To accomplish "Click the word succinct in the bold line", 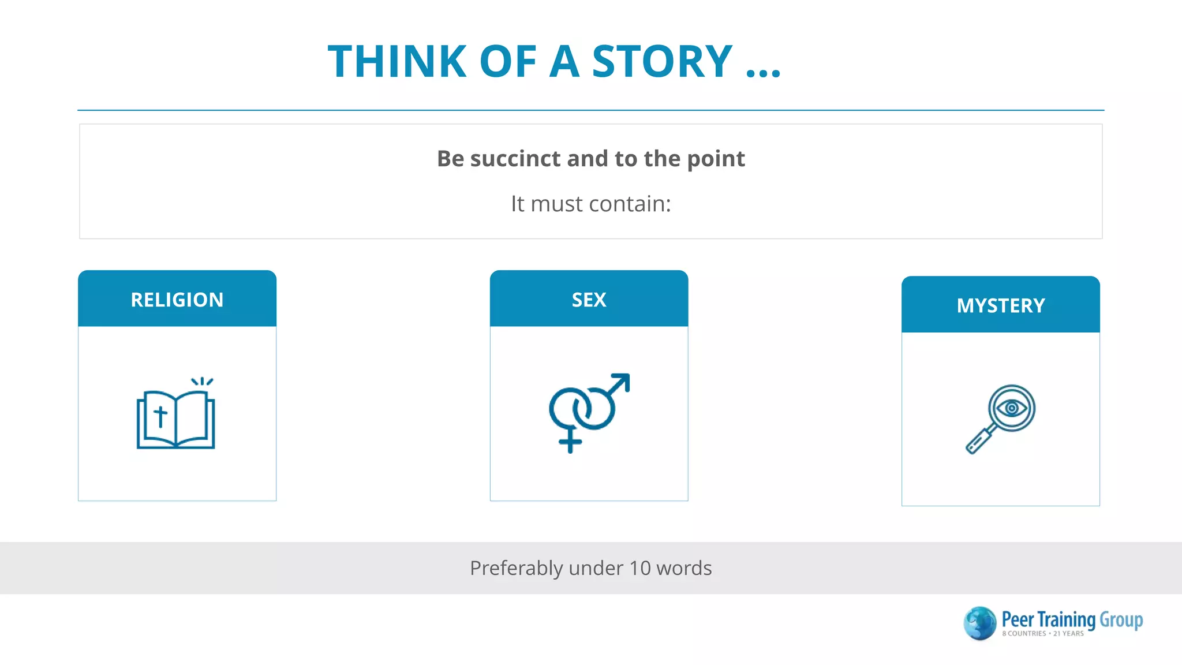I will (x=515, y=159).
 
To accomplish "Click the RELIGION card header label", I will (x=177, y=300).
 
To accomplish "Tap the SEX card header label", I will (x=589, y=300).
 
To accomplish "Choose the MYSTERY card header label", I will (x=1001, y=305).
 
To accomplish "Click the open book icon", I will (x=176, y=419).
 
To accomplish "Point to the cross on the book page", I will (x=160, y=416).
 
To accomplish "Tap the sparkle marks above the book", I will (x=202, y=381).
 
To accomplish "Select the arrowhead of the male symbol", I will (x=621, y=382).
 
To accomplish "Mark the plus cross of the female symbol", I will (x=570, y=442).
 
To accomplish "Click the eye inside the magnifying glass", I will (x=1012, y=408).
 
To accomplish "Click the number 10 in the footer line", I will (x=639, y=568).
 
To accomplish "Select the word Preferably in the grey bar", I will (x=516, y=568).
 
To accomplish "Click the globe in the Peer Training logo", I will (x=980, y=623).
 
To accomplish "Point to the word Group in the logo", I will (x=1121, y=620).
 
